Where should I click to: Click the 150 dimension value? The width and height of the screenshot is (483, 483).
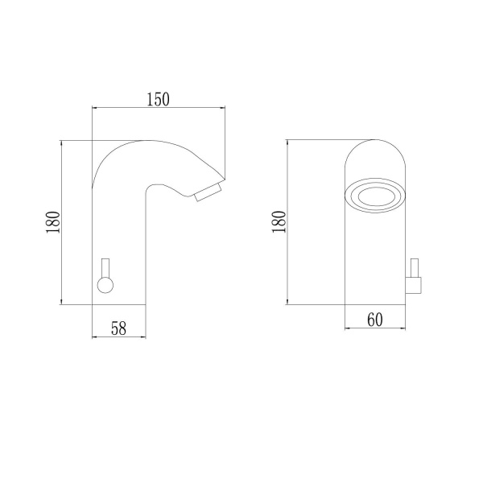coord(158,99)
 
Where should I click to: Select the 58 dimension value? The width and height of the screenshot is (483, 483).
coord(118,328)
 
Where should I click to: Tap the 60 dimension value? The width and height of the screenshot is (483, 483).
coord(375,320)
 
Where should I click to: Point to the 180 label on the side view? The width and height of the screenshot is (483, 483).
coord(53,222)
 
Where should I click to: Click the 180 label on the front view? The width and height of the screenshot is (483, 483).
coord(279,222)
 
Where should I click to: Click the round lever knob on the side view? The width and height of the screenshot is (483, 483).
coord(105,285)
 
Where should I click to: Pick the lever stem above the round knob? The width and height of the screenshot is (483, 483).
coord(105,268)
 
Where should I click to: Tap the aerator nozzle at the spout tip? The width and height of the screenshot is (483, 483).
coord(208,192)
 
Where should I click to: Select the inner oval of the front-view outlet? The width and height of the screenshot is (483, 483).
coord(374,196)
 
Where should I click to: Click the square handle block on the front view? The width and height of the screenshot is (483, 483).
coord(414,285)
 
